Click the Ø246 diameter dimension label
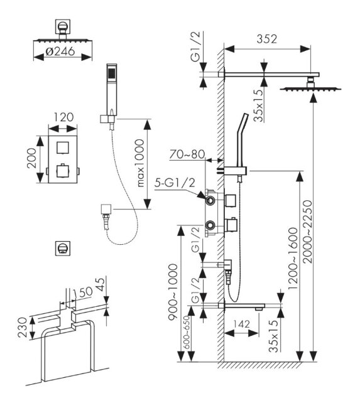(x=60, y=51)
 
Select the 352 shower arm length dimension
(x=267, y=39)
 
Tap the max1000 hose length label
(x=140, y=163)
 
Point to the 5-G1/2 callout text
(x=175, y=183)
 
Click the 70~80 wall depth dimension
(x=187, y=154)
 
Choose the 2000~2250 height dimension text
(x=308, y=232)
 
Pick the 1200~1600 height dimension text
(x=293, y=259)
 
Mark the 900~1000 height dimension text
(x=173, y=292)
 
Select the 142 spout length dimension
(x=241, y=324)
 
